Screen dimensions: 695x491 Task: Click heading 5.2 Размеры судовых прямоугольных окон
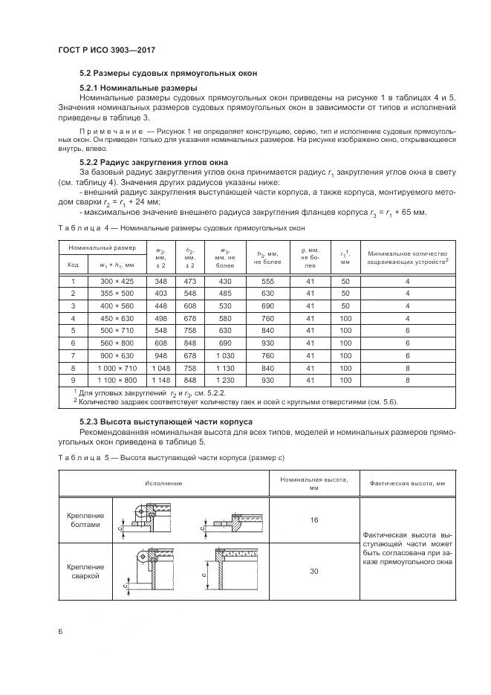coord(169,74)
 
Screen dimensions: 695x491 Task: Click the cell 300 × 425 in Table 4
coord(117,282)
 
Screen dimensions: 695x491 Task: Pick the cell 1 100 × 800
coord(117,380)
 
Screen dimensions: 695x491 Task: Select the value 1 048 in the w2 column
coord(160,367)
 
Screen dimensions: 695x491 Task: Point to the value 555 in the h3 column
coord(268,282)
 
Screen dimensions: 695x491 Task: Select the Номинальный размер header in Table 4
coord(103,247)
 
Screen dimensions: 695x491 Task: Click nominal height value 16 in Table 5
coord(314,520)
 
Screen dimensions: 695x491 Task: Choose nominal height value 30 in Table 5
coord(314,570)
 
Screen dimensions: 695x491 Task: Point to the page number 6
coord(59,631)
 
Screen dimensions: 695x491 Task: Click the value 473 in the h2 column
coord(189,282)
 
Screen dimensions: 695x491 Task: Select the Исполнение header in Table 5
coord(169,483)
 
